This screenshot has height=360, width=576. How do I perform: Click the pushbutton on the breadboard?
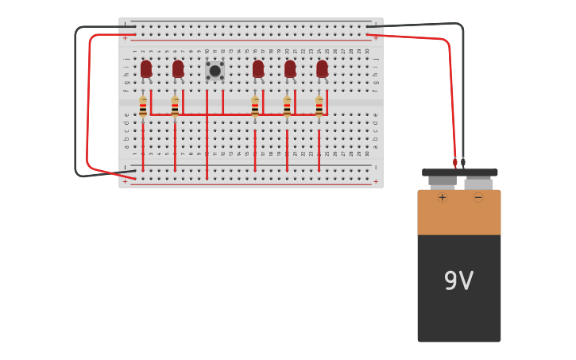pos(215,71)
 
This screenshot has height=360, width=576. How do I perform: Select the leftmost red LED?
pos(146,69)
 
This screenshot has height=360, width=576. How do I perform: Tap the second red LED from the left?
pos(178,69)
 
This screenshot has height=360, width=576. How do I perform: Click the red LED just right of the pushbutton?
pos(258,69)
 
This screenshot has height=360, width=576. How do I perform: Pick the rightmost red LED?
pos(322,69)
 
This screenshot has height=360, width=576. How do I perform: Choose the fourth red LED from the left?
pos(290,69)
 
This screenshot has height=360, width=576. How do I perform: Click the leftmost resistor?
pos(143,107)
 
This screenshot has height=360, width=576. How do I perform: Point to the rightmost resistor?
pos(319,107)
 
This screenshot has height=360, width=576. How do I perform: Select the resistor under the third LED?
pos(255,107)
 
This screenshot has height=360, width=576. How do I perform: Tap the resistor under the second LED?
pos(175,107)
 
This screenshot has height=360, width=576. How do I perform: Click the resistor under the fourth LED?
pos(287,107)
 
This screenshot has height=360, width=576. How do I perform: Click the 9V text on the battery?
pos(458,281)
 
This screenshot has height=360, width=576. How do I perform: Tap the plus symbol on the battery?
pos(443,197)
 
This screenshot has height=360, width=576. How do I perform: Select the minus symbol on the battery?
pos(478,197)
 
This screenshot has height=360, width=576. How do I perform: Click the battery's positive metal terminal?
pos(442,182)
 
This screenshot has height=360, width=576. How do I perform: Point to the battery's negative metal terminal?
pos(478,183)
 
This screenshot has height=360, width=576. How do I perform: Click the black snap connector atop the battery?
pos(459,172)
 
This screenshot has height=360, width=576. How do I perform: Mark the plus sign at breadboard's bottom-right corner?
pos(376,181)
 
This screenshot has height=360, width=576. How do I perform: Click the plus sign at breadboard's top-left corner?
pos(125,37)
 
